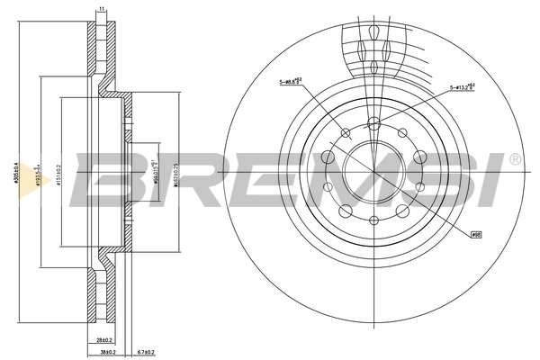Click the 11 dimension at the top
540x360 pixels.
click(103, 8)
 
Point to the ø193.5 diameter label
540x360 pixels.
click(36, 171)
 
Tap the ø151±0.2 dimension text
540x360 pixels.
click(56, 171)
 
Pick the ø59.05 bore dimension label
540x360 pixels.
click(156, 170)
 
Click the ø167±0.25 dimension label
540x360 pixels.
click(177, 171)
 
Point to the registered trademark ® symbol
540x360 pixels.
click(514, 159)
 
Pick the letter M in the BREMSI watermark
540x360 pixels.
click(324, 175)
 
